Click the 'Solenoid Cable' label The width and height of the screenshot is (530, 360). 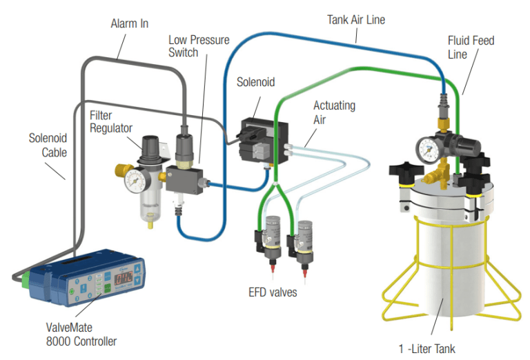[x=48, y=144]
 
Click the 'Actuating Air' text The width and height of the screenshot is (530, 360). [x=334, y=112]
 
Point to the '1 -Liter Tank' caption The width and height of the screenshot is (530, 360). [x=426, y=348]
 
